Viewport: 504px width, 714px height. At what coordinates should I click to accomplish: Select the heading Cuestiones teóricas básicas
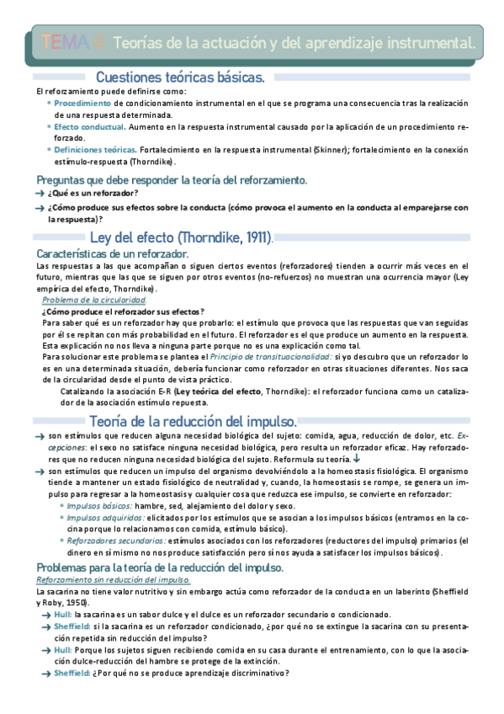[180, 77]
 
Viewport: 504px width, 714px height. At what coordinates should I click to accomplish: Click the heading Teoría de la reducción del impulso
[192, 420]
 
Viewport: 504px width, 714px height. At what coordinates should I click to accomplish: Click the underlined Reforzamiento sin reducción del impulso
[112, 581]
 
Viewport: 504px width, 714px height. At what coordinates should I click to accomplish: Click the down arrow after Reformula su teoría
[357, 459]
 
